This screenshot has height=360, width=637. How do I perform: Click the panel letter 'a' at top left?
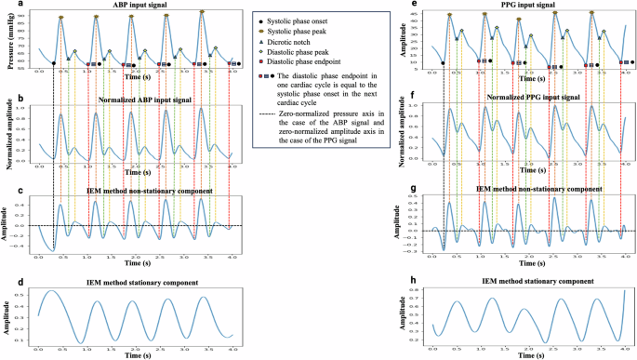[x=7, y=5]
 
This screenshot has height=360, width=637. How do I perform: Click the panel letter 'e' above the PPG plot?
[x=412, y=5]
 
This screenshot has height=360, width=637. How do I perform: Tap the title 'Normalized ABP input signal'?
[x=136, y=97]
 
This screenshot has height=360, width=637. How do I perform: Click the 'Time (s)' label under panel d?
[x=136, y=354]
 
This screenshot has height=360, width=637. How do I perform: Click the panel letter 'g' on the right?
[x=412, y=187]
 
